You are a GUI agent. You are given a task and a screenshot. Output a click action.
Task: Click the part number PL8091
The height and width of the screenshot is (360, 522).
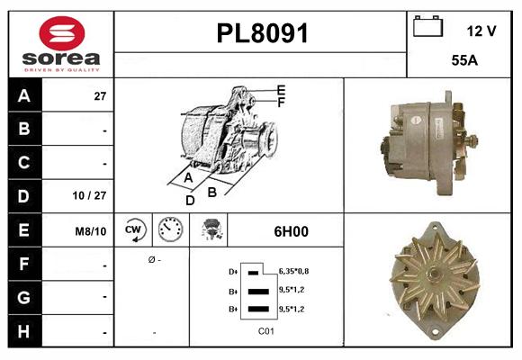coord(262,34)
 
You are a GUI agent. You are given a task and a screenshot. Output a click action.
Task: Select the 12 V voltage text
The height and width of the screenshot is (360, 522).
coord(481,31)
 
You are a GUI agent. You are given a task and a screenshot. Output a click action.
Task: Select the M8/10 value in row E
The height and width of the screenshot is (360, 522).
coord(92,231)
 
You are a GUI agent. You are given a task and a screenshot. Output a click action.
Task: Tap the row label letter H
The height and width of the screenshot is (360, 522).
coord(23,331)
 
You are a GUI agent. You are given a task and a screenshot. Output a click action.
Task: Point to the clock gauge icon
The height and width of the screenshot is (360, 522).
coord(170,230)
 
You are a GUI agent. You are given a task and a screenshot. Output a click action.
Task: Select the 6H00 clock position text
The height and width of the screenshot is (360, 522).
coord(291,231)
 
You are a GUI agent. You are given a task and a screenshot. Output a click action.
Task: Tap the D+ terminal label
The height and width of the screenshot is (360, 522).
coord(233,271)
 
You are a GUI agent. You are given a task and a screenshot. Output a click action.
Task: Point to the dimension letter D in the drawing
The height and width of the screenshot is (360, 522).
coord(190,201)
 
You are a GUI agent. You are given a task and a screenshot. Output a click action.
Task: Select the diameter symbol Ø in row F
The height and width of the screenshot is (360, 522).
coord(151,260)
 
